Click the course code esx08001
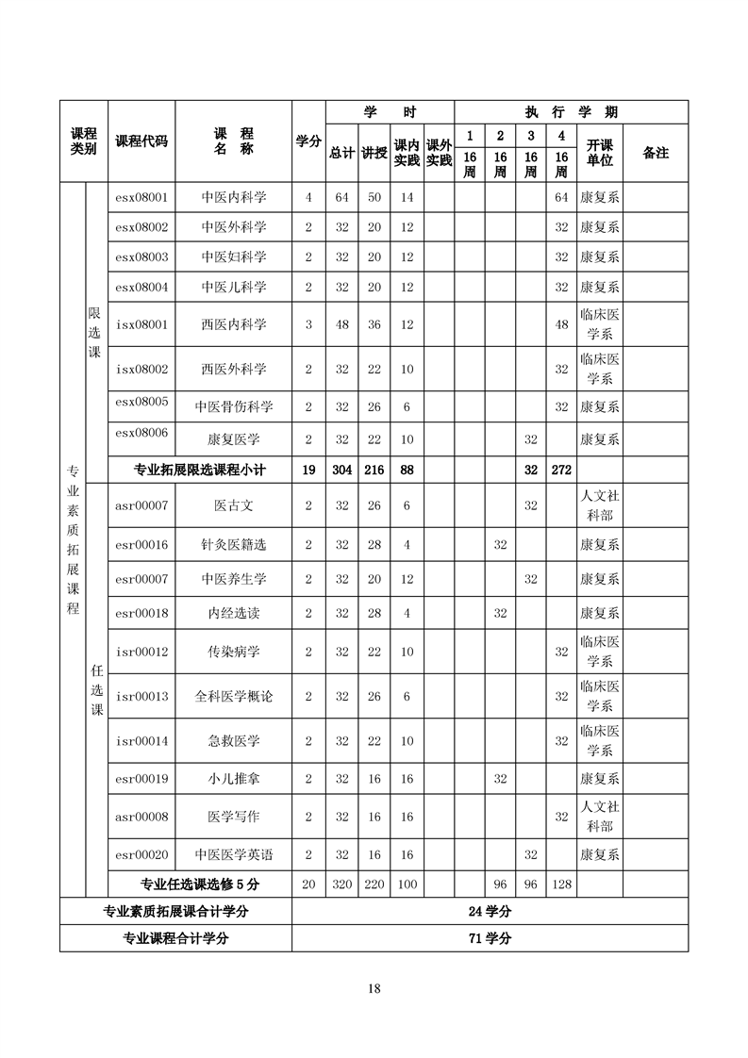141,197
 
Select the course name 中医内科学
234,197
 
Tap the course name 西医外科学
234,369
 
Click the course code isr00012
141,652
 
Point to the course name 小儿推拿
234,779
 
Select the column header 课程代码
141,141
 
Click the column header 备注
655,152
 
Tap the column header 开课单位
599,153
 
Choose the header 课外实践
439,153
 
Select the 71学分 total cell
490,938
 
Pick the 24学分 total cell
490,912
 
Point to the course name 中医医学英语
234,854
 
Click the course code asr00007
141,505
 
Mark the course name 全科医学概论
234,696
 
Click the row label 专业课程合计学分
176,938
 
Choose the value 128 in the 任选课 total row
561,884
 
